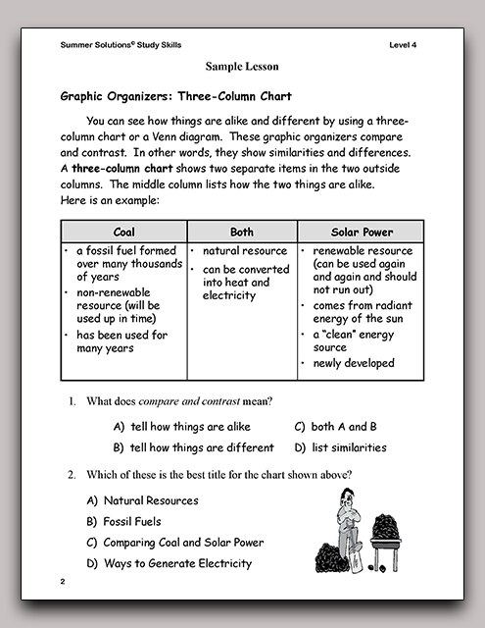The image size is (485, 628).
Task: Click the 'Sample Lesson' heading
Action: (242, 67)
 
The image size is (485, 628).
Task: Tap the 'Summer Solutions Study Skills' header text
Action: (121, 45)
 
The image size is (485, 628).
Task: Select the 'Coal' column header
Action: (123, 233)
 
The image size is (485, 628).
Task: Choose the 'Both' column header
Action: (241, 233)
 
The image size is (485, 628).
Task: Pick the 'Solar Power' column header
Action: (362, 233)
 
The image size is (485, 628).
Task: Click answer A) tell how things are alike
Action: (182, 427)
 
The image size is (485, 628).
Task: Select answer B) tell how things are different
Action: (193, 447)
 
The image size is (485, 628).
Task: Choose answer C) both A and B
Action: (336, 427)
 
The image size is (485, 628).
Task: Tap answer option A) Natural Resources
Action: (142, 500)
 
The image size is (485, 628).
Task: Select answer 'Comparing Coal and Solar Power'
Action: (175, 542)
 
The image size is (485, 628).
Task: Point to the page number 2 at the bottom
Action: (62, 583)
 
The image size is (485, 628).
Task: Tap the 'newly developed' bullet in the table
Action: (354, 363)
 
